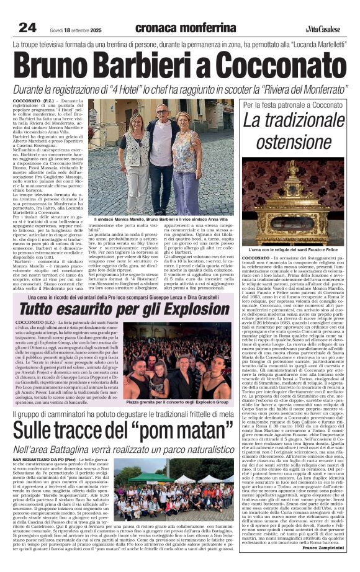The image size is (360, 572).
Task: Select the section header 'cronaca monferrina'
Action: (x=185, y=27)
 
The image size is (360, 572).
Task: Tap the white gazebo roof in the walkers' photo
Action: (x=150, y=477)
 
